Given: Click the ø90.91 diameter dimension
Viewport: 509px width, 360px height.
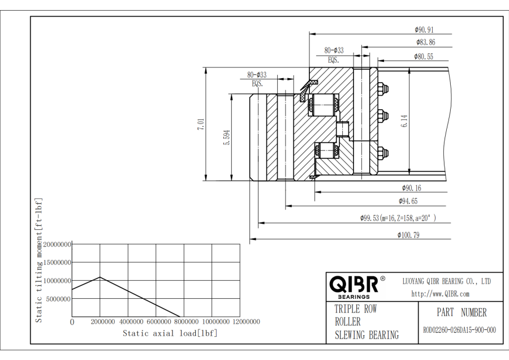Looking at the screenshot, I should coord(424,30).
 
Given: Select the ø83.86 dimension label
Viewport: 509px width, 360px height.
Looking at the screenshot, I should coord(425,42).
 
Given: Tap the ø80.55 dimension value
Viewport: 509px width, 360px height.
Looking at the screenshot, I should coord(424,57).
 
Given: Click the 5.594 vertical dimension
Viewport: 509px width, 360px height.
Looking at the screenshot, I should coord(227,137).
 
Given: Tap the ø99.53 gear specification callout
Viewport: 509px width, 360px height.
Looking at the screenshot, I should coord(398,218).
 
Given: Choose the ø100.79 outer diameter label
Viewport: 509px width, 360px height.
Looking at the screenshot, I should coord(408,235).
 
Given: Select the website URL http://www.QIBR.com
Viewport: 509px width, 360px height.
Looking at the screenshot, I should coord(440,294).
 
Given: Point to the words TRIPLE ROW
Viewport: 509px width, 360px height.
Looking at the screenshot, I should coord(355,309).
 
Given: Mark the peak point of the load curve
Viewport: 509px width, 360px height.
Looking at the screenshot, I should coord(100,277).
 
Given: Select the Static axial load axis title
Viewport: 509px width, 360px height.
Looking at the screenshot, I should coord(170,333).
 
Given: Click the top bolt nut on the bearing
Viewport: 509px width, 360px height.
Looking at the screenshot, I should coord(382,88).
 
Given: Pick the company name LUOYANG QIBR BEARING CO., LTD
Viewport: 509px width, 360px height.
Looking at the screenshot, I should coord(446,281).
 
